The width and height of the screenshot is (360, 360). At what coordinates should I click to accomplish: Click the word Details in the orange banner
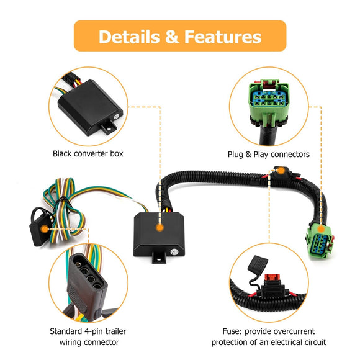129,37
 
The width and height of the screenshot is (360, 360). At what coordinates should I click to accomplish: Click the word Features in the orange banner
223,37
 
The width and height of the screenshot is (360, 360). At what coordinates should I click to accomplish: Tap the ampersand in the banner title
172,37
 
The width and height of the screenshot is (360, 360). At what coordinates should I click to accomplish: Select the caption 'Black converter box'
88,153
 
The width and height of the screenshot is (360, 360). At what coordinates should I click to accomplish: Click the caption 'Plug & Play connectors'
269,155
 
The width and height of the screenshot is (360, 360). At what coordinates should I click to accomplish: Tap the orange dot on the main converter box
160,228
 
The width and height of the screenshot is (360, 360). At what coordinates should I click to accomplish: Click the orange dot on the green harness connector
321,228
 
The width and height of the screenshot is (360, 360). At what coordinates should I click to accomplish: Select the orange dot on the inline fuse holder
281,171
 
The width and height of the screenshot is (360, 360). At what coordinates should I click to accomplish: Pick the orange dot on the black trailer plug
45,229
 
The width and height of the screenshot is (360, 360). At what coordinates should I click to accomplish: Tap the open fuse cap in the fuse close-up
258,264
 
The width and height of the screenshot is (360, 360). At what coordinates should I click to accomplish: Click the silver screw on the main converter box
174,252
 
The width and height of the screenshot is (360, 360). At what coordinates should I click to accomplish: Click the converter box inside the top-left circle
90,107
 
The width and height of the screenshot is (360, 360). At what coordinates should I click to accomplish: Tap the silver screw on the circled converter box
116,117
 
